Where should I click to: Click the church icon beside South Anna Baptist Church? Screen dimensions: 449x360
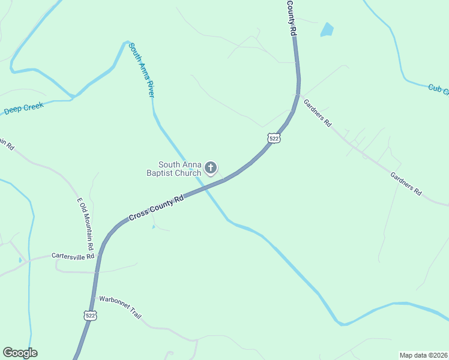tap(211, 168)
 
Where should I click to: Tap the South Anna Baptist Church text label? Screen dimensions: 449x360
tap(174, 169)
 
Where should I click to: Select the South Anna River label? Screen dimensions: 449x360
tap(141, 70)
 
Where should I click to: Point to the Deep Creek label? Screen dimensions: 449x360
tap(25, 108)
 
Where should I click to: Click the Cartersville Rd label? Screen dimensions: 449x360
tap(73, 256)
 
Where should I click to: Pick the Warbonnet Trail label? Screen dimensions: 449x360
tap(120, 306)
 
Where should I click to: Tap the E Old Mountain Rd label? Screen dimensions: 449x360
tap(85, 224)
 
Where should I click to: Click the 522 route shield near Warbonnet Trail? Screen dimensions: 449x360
tap(90, 315)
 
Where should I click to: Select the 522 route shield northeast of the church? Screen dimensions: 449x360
tap(274, 138)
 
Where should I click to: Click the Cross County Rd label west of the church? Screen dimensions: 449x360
tap(155, 209)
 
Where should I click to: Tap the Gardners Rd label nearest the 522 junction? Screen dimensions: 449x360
tap(318, 112)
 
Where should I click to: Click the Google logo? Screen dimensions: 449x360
tap(20, 353)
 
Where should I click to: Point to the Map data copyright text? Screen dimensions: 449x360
tap(424, 355)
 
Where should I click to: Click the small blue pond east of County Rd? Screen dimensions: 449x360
tap(327, 29)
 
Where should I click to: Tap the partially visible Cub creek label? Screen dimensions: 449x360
tap(438, 89)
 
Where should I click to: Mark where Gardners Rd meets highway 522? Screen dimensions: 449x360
tap(297, 95)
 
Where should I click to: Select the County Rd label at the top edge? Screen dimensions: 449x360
tap(292, 17)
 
